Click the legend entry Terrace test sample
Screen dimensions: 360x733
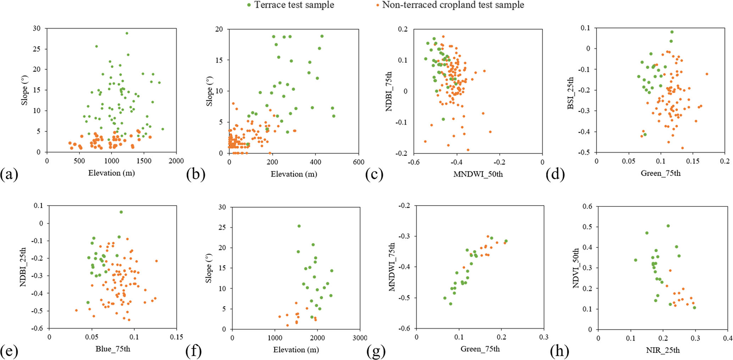pos(294,5)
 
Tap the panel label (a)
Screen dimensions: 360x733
pos(9,175)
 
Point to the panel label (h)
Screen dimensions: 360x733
pos(560,351)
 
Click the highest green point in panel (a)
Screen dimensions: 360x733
pos(127,33)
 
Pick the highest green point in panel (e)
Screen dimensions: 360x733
pos(121,212)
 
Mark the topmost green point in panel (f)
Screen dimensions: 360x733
pos(299,226)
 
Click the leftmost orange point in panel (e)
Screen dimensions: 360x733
pos(76,310)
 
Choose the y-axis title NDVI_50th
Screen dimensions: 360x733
pos(576,267)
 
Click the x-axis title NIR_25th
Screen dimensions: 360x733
pos(662,350)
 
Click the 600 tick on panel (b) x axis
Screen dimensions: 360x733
pos(359,162)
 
